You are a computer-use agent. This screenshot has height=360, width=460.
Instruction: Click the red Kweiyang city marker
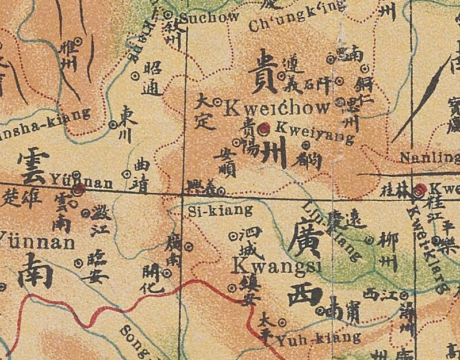click(x=264, y=129)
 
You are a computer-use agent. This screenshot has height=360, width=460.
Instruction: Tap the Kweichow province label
click(x=277, y=108)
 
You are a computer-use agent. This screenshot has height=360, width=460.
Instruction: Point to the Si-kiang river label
click(x=220, y=210)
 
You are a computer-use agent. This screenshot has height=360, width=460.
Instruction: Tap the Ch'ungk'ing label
click(x=297, y=17)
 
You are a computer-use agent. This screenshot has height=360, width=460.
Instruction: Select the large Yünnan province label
click(x=37, y=240)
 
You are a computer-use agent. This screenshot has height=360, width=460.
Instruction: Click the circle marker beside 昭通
click(x=136, y=75)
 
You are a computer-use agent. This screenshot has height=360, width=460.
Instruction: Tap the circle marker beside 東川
click(x=113, y=124)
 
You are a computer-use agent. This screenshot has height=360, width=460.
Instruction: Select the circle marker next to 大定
click(x=218, y=102)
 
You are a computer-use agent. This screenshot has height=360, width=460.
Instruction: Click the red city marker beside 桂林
click(x=421, y=189)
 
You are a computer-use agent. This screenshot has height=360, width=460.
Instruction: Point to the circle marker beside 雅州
click(x=80, y=41)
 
